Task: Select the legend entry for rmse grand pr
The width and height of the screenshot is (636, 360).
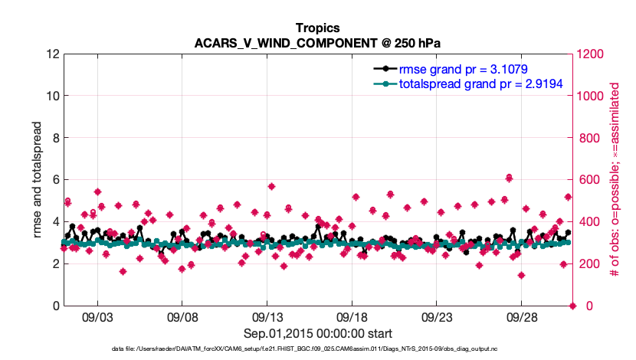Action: click(x=459, y=69)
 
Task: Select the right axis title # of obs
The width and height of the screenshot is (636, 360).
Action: click(x=614, y=180)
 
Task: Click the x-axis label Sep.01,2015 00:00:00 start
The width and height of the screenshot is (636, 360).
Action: click(x=318, y=333)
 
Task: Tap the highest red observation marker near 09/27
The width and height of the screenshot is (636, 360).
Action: click(x=509, y=178)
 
